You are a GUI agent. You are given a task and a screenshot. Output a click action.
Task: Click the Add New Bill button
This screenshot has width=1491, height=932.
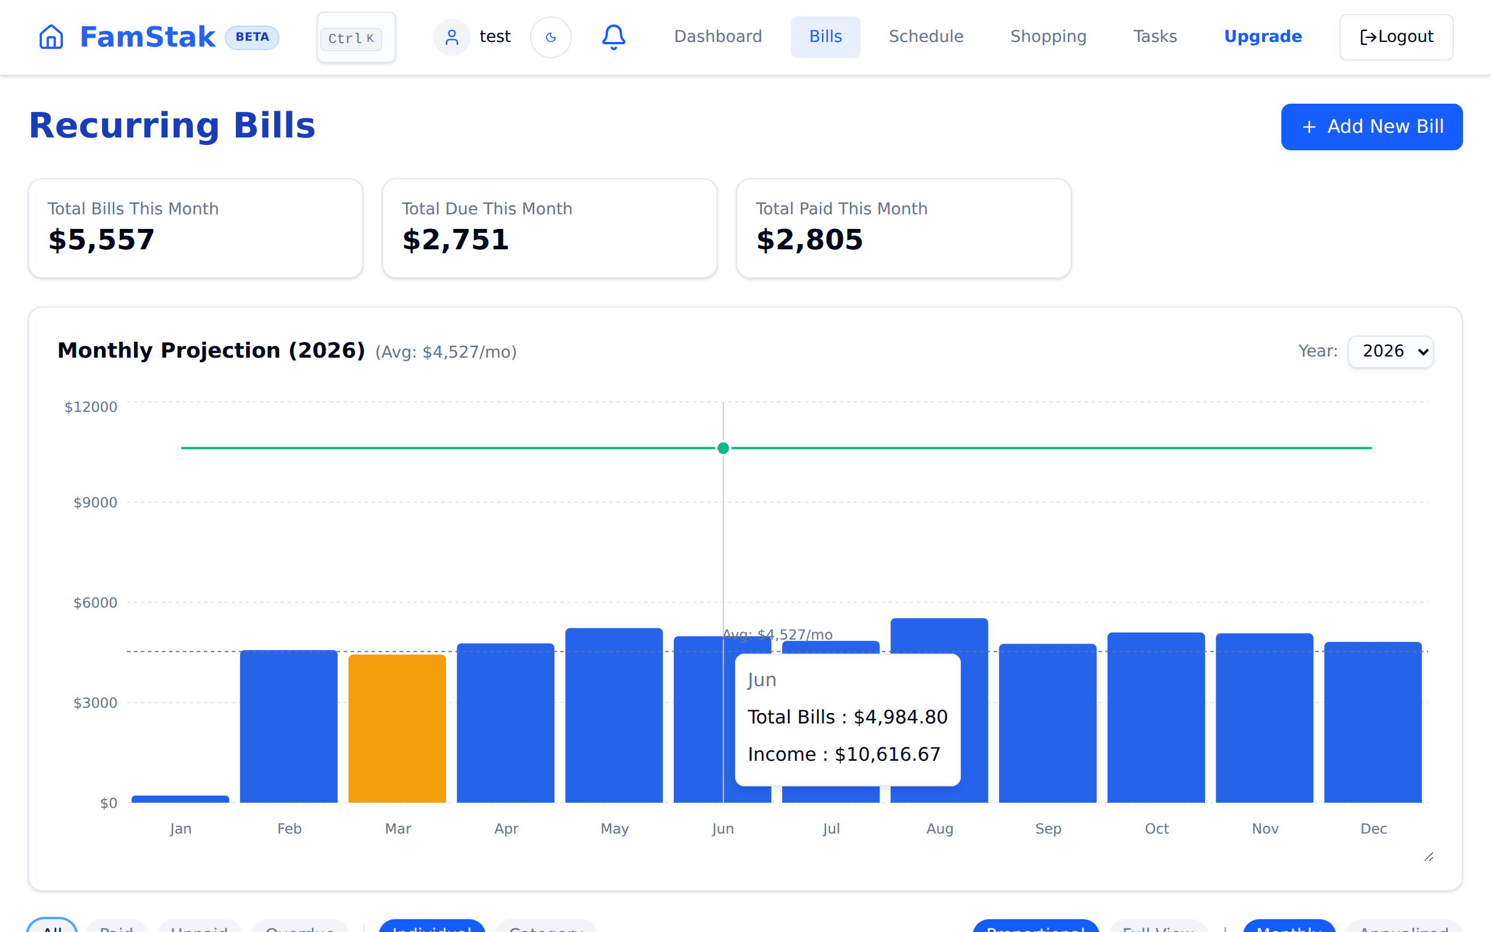click(1371, 126)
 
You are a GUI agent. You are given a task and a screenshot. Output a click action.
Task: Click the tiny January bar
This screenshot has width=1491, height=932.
click(180, 799)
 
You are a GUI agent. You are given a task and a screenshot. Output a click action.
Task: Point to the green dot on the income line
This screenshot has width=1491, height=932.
click(723, 448)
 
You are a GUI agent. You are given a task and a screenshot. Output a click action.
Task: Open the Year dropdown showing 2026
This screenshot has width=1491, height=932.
click(1390, 351)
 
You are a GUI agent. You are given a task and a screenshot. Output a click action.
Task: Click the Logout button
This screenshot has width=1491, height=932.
click(1395, 37)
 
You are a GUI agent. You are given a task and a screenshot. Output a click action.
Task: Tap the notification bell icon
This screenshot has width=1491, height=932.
click(613, 37)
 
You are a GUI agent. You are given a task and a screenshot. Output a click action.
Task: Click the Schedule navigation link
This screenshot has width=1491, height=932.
click(925, 37)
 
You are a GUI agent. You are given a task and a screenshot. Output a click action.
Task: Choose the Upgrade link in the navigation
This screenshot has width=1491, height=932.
click(1263, 37)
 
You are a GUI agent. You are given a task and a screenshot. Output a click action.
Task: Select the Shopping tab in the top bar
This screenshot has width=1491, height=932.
click(1048, 37)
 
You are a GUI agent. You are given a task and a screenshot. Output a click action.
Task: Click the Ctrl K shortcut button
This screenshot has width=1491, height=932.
click(356, 38)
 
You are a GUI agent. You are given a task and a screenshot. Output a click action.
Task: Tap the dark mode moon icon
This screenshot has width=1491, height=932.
click(551, 38)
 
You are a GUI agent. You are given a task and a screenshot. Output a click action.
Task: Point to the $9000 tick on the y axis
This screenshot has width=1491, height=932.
click(95, 502)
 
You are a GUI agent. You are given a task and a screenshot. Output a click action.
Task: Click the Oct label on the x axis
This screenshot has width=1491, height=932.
click(1157, 828)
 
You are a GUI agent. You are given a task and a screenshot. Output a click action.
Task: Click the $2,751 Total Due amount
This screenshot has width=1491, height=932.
click(455, 240)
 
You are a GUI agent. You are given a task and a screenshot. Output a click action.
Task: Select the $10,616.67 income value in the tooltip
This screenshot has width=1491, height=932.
click(887, 754)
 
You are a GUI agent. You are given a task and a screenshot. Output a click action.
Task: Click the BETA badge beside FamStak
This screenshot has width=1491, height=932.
click(252, 37)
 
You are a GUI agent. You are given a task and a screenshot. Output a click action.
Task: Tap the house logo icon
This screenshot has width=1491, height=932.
click(51, 37)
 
